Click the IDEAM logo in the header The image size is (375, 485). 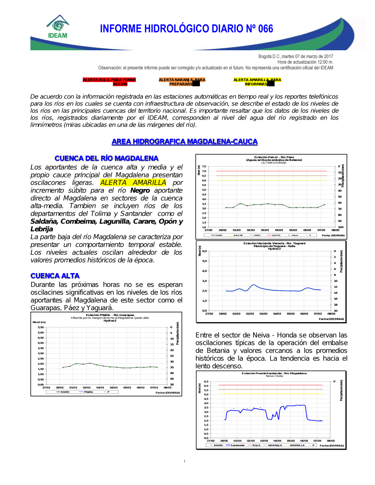[x=58, y=27]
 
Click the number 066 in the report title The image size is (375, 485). [x=265, y=29]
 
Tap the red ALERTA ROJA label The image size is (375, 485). [x=109, y=82]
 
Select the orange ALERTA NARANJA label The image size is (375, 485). [x=182, y=82]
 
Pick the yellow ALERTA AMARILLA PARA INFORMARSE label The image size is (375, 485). [x=257, y=82]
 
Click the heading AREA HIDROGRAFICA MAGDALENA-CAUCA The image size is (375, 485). [x=184, y=142]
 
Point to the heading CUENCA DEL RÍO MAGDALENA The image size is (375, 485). [x=106, y=158]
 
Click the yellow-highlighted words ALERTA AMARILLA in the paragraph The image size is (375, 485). [x=133, y=183]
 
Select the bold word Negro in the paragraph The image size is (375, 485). [x=140, y=191]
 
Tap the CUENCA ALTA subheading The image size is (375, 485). [x=55, y=276]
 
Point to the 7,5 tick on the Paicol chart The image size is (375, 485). [x=204, y=167]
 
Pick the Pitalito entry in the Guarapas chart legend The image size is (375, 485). [x=88, y=392]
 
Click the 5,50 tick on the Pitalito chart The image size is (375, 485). [x=40, y=327]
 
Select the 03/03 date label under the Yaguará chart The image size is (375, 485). [x=264, y=314]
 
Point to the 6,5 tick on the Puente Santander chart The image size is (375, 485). [x=206, y=381]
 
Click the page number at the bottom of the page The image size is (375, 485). [x=184, y=461]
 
